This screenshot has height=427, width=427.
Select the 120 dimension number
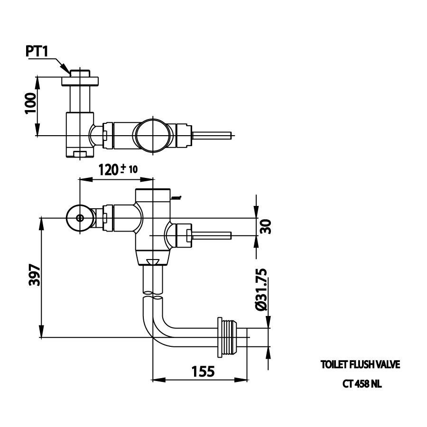tap(108, 169)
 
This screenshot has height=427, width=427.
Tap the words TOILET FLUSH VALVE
tap(361, 365)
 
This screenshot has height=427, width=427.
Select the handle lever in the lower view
tap(211, 234)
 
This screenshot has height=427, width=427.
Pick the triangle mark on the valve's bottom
tap(153, 261)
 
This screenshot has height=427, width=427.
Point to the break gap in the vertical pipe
tap(153, 296)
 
